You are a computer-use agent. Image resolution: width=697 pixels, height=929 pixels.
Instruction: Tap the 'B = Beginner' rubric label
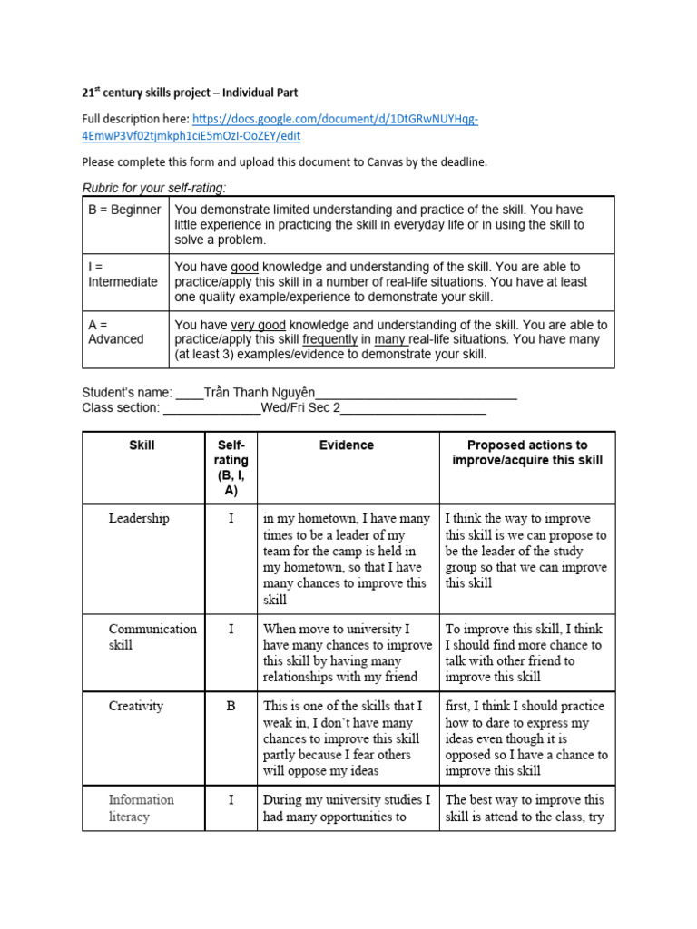pyautogui.click(x=124, y=210)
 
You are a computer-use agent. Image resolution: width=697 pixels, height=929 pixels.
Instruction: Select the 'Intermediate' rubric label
pyautogui.click(x=123, y=282)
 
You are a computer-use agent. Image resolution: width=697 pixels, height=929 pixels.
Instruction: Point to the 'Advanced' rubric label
pyautogui.click(x=115, y=339)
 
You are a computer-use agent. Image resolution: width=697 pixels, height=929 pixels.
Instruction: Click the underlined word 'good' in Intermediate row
pyautogui.click(x=244, y=267)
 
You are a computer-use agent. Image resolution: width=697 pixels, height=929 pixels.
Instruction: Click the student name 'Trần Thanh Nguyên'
pyautogui.click(x=260, y=393)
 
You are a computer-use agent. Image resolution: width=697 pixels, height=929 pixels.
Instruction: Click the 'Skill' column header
pyautogui.click(x=142, y=445)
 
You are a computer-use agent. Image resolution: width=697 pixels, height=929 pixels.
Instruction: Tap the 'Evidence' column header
pyautogui.click(x=347, y=445)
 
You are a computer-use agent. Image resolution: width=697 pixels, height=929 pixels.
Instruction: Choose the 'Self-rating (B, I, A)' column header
pyautogui.click(x=231, y=468)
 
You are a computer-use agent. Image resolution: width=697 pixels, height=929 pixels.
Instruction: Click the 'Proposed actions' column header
pyautogui.click(x=527, y=453)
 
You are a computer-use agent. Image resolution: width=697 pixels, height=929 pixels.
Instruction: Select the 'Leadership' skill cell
pyautogui.click(x=139, y=518)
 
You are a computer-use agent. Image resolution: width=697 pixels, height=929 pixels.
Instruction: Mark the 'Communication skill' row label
pyautogui.click(x=152, y=637)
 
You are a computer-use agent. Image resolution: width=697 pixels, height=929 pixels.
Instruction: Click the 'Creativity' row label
pyautogui.click(x=136, y=706)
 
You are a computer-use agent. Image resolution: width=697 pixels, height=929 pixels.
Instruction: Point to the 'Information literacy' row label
pyautogui.click(x=141, y=808)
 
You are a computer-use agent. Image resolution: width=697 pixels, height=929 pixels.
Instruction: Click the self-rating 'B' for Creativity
pyautogui.click(x=231, y=706)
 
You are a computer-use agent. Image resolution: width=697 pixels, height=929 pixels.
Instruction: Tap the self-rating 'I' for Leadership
pyautogui.click(x=231, y=518)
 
